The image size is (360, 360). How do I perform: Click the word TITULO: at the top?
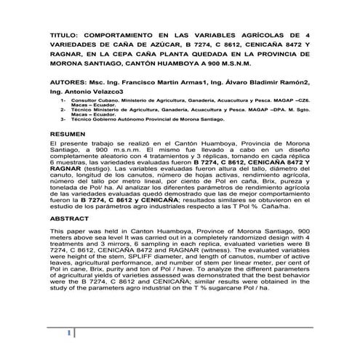click(x=65, y=34)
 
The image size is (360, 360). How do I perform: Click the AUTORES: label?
click(x=72, y=83)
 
